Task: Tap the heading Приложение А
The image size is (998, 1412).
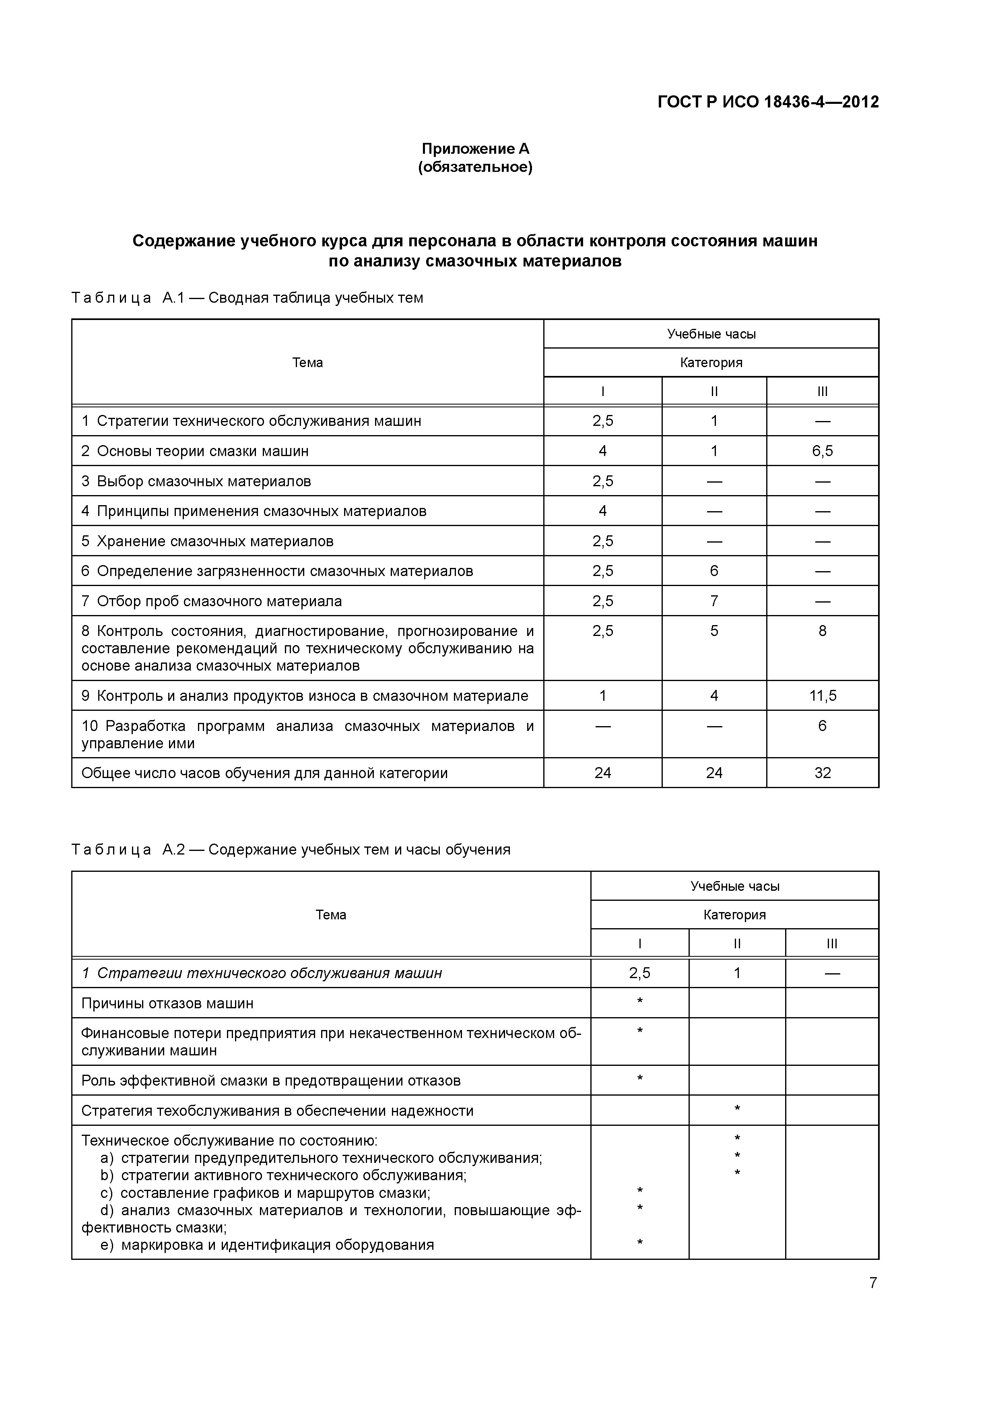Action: point(475,149)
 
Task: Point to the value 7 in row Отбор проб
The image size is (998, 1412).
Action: point(714,601)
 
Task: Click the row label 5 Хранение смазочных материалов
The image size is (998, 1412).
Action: point(207,541)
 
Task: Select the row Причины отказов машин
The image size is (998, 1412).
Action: point(167,1003)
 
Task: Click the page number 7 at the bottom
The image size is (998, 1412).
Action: point(872,1283)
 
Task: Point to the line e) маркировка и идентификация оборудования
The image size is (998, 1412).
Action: point(267,1245)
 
